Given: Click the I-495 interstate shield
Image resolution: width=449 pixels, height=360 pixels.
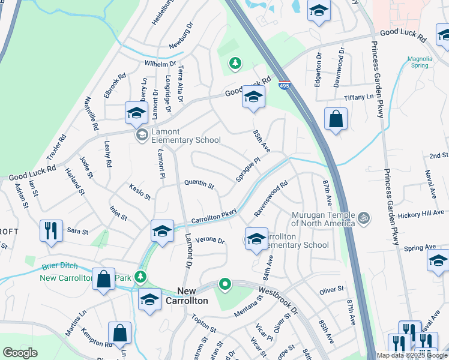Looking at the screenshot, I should click(285, 86).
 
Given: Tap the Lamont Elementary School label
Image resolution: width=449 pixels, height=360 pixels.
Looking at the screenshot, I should click(185, 136).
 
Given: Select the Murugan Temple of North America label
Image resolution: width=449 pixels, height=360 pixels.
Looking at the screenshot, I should click(323, 219).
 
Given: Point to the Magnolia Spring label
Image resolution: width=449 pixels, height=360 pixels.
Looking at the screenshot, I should click(420, 62).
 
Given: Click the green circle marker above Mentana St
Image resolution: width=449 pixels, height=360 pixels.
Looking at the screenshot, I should click(224, 284).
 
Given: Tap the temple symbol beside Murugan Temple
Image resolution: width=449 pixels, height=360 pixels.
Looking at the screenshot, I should click(363, 216).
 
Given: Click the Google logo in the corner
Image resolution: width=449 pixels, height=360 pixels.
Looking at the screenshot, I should click(20, 353).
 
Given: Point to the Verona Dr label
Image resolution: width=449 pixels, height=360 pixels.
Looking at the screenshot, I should click(209, 241).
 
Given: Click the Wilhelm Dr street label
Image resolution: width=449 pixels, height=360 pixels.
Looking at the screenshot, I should click(160, 63).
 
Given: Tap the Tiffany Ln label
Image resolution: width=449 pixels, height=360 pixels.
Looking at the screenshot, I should click(358, 97).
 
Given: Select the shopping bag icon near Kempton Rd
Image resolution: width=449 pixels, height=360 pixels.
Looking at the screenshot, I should click(119, 334).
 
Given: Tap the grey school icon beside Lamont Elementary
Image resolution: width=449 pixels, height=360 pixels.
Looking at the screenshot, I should click(142, 135).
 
